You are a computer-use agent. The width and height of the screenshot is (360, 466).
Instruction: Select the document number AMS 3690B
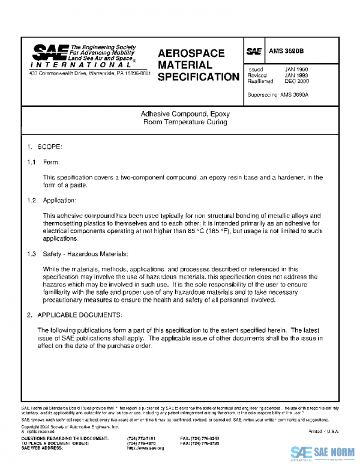pos(287,52)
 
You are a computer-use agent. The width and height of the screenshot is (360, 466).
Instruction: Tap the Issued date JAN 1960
pos(296,70)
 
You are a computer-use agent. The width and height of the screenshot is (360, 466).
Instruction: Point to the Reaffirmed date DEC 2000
pos(296,81)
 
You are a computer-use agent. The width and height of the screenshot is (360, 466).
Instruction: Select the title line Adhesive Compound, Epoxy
pos(185,113)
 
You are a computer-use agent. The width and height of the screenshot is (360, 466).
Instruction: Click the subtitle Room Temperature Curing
pos(185,122)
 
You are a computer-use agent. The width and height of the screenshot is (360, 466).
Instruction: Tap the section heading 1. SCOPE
pos(45,147)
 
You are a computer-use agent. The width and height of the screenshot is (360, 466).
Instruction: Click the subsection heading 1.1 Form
pos(46,163)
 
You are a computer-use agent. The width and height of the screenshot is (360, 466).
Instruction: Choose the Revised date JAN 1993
pos(296,76)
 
